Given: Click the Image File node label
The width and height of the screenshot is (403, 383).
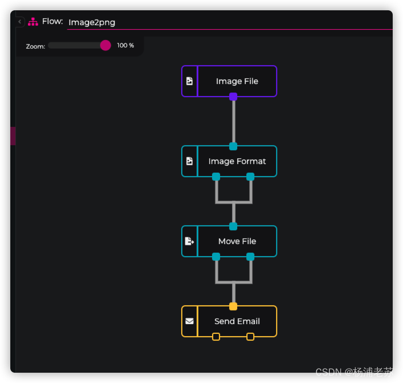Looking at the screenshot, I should (x=237, y=81).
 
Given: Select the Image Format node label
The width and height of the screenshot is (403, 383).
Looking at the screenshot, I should (x=237, y=161).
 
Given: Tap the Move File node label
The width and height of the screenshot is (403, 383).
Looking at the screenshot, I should (x=237, y=241).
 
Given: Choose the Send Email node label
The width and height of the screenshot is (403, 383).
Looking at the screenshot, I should (x=237, y=321).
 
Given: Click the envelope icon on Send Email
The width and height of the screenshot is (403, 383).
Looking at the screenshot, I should (x=189, y=321).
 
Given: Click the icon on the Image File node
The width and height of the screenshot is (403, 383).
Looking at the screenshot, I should (x=189, y=81).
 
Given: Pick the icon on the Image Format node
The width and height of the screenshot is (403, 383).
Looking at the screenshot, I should (x=189, y=161).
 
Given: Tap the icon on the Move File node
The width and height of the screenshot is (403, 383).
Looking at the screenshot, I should (x=189, y=241).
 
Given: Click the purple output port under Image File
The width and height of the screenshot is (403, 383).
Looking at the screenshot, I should (x=233, y=97).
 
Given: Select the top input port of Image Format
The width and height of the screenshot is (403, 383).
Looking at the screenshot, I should (x=233, y=146).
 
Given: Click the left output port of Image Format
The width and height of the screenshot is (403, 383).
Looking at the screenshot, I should (x=216, y=177).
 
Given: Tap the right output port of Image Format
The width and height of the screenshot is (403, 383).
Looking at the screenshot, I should (x=250, y=177).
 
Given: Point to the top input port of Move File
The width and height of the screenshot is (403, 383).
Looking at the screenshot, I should (x=233, y=226).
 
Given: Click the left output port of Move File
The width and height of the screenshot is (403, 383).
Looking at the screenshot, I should (x=216, y=257).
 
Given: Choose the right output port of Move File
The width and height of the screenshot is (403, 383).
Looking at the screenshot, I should (x=250, y=257).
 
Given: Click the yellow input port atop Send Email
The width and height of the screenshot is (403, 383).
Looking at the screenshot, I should (x=233, y=306).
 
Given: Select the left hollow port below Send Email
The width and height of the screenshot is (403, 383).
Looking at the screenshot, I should (x=216, y=337).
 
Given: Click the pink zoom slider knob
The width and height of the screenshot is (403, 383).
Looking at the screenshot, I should (x=105, y=45).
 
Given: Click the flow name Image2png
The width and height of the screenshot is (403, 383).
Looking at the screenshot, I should (x=91, y=22).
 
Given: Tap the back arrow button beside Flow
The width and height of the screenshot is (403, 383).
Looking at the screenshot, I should (x=20, y=22).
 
